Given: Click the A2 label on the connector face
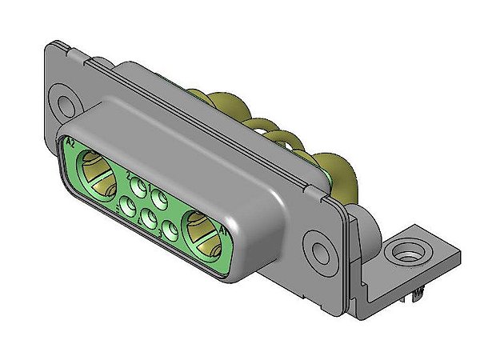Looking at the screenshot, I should [x=70, y=143].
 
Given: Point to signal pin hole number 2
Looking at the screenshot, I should [x=140, y=189].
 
